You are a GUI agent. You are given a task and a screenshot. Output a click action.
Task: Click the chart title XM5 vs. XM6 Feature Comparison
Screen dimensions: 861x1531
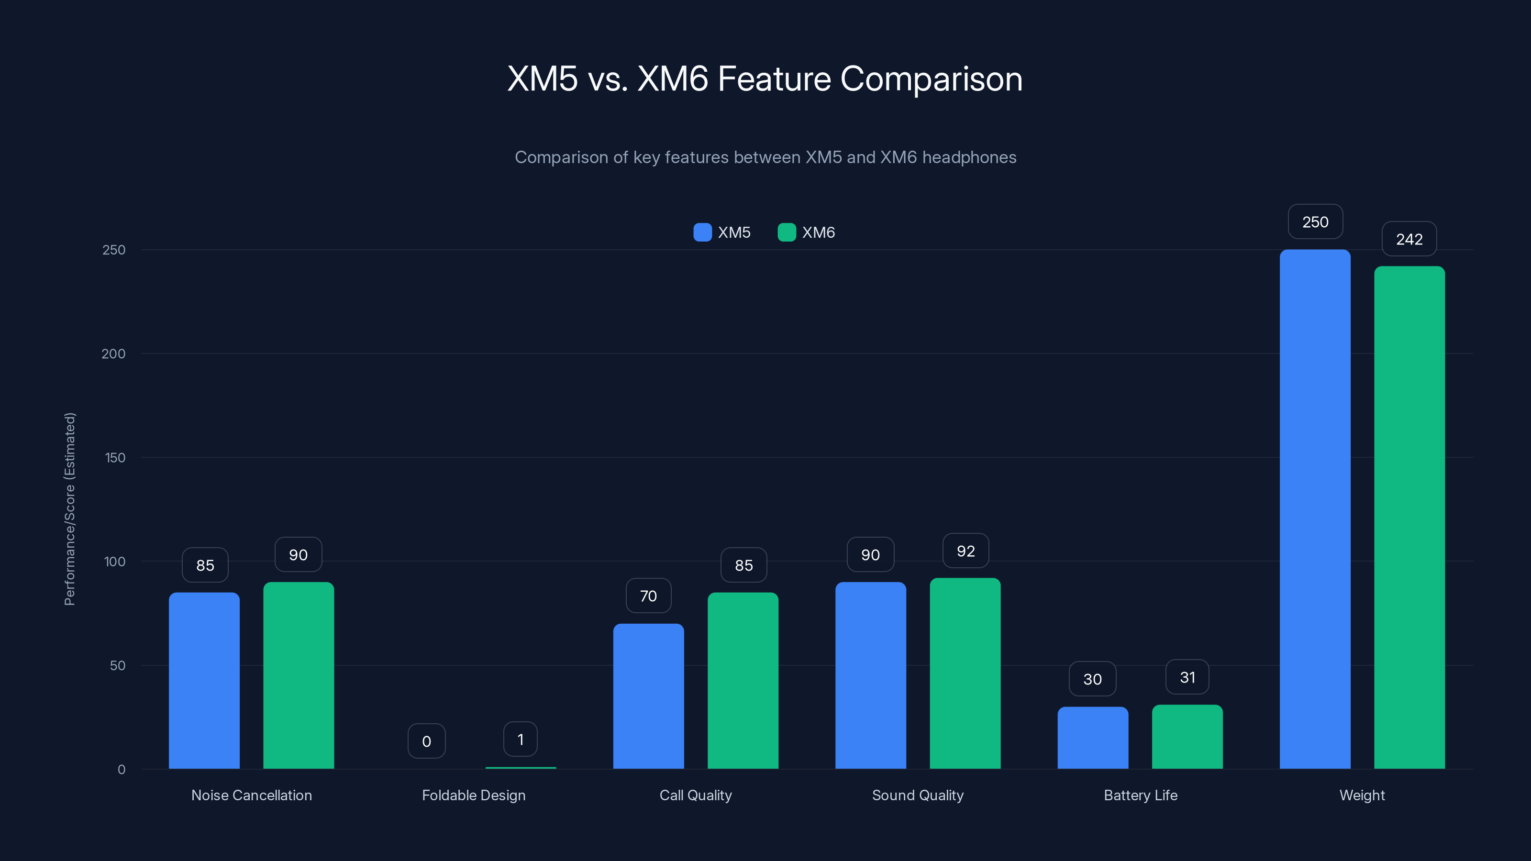[765, 78]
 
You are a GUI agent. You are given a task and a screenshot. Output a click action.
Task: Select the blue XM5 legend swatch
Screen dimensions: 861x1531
[702, 232]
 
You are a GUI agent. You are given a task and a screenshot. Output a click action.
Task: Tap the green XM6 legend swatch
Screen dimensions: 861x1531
[786, 232]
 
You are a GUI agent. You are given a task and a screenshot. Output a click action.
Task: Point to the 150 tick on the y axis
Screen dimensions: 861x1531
[115, 458]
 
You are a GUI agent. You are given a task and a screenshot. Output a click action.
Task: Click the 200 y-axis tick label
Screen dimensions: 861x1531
[113, 353]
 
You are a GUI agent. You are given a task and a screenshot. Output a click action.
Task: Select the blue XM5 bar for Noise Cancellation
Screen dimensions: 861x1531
[204, 680]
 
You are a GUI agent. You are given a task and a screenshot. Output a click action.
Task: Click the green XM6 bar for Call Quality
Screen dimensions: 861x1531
[743, 680]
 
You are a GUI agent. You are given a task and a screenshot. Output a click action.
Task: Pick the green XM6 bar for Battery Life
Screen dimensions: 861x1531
[1187, 737]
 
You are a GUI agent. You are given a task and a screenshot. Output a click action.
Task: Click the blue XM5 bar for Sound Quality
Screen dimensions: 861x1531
[871, 675]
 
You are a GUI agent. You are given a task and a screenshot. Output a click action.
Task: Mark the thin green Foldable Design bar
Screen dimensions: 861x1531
[521, 768]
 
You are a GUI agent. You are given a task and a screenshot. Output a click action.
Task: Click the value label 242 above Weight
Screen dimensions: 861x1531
[1409, 239]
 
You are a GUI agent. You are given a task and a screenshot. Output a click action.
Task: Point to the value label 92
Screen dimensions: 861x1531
[966, 551]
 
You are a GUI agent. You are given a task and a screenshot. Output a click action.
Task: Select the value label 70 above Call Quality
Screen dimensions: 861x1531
[648, 596]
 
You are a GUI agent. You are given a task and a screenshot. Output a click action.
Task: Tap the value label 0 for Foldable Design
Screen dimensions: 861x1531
[426, 741]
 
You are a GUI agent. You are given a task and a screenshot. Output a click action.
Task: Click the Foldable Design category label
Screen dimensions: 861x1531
[474, 795]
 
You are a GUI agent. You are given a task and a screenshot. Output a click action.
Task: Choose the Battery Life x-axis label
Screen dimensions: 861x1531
[1141, 795]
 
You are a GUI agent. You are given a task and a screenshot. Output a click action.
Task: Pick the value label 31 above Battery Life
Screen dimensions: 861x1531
[1187, 677]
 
